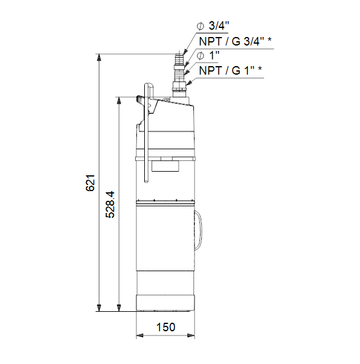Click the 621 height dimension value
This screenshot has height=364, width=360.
90,183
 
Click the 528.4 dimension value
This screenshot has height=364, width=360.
110,204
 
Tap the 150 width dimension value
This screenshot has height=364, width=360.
165,327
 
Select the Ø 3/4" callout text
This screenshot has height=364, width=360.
213,25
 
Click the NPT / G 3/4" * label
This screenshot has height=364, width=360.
235,41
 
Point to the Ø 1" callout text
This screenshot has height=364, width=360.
208,56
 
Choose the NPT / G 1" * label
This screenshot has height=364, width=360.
230,70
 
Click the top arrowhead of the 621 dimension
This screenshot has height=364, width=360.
99,57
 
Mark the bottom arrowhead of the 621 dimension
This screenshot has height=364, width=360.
99,308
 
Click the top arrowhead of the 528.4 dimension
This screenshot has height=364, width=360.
119,100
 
